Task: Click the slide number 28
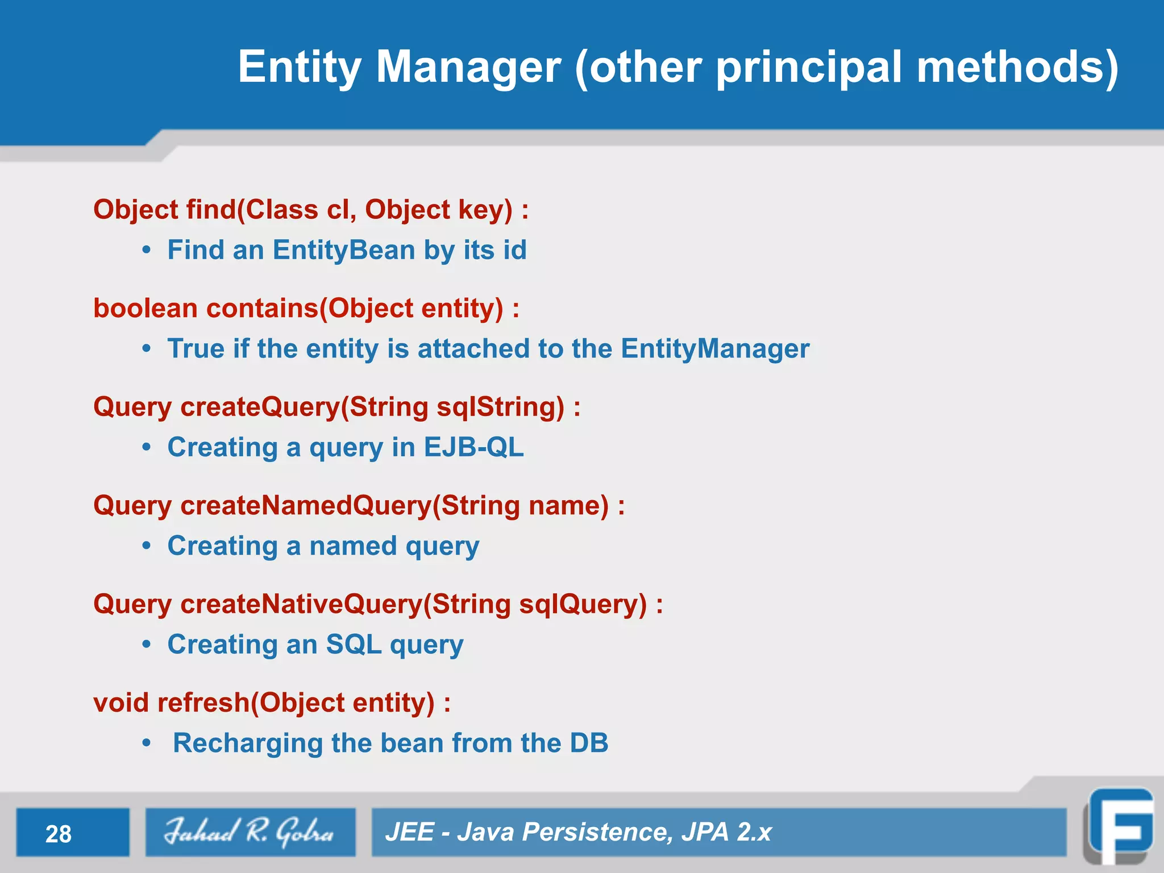59,834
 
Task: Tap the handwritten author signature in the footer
249,832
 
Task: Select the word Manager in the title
468,67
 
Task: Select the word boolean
145,308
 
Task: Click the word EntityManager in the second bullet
714,348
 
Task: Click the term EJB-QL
473,447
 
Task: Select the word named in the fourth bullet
352,546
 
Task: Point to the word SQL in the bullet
354,645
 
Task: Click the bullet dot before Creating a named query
147,546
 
